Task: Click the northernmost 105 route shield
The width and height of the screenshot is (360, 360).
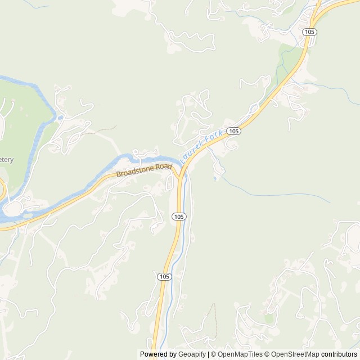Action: click(x=309, y=32)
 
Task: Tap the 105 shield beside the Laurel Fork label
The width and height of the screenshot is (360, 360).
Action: click(x=235, y=131)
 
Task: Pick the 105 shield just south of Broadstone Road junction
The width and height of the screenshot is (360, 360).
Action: click(x=179, y=217)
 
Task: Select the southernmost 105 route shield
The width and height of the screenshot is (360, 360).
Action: click(x=163, y=277)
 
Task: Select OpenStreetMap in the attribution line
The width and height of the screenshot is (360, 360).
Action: click(x=295, y=354)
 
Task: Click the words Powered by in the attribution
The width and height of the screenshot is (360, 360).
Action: click(x=157, y=354)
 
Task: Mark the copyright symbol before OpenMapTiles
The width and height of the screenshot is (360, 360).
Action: click(x=214, y=354)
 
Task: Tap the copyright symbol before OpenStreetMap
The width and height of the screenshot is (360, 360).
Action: click(x=268, y=354)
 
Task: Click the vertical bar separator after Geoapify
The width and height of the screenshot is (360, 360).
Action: click(x=208, y=354)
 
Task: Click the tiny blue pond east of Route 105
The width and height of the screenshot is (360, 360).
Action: click(x=214, y=179)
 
